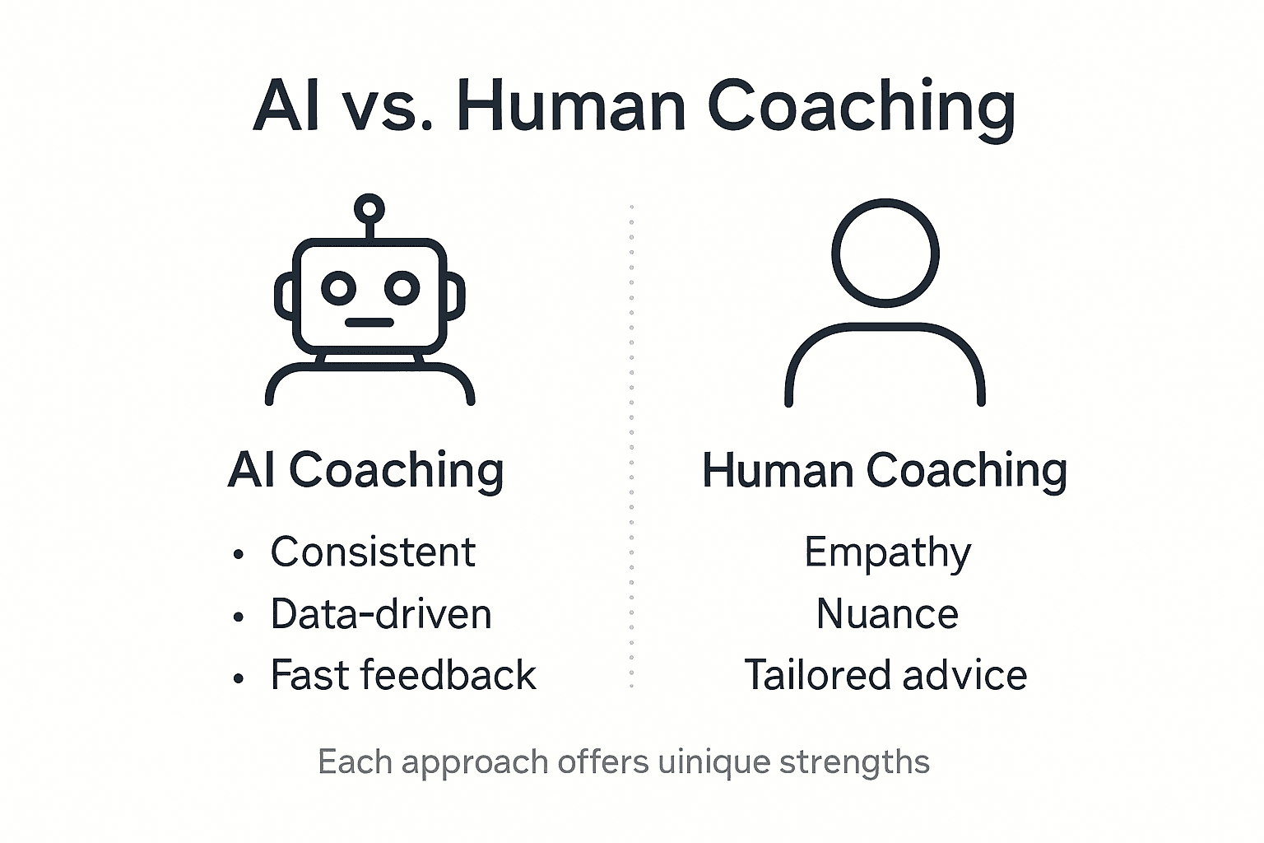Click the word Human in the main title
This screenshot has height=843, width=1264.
(x=570, y=107)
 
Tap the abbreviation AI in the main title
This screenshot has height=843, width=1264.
(x=286, y=107)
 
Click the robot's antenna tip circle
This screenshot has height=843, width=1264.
(x=369, y=207)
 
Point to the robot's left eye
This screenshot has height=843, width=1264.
(x=338, y=288)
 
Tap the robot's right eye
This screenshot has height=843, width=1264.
(x=402, y=288)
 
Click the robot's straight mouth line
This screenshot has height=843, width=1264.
(x=369, y=322)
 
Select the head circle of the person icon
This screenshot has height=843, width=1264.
(x=885, y=252)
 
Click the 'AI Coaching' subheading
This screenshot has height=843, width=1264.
(x=366, y=470)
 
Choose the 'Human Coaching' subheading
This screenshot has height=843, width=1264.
(x=885, y=470)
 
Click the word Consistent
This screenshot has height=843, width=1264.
(x=373, y=552)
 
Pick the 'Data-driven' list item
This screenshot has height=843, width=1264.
(x=381, y=614)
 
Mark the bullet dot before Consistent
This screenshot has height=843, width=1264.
(x=239, y=554)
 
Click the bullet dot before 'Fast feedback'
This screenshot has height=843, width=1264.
(x=239, y=678)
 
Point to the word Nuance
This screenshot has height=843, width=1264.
(x=887, y=614)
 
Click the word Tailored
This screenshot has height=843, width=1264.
(x=818, y=675)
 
